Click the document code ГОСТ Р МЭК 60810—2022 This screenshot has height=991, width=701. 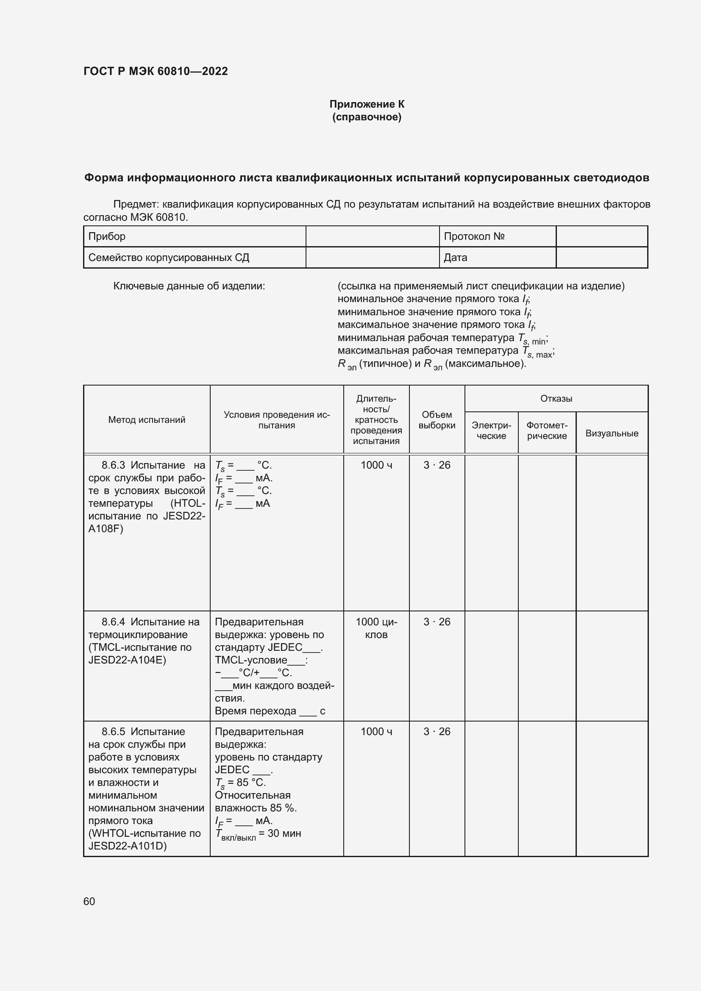tap(156, 71)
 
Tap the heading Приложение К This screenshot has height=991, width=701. tap(367, 104)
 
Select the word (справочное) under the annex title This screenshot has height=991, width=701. tap(367, 117)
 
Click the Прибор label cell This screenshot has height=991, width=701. tap(107, 236)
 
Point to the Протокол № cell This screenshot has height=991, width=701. tap(474, 236)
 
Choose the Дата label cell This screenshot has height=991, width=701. tap(455, 258)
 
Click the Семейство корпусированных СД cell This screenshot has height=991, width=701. tap(169, 258)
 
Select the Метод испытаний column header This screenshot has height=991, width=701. tap(147, 419)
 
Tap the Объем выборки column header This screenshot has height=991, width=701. tap(437, 420)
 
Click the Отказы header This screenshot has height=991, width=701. tap(556, 398)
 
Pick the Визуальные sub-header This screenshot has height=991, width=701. tap(612, 433)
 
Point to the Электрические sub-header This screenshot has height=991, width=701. tap(491, 431)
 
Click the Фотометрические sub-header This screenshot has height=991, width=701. tap(547, 431)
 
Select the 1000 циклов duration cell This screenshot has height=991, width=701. tap(376, 628)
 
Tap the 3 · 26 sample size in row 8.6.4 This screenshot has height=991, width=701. tap(437, 622)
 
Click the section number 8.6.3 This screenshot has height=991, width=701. tap(113, 465)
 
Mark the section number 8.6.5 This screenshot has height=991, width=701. tap(113, 732)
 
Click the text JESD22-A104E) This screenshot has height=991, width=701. tap(127, 660)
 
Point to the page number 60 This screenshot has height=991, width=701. tap(89, 901)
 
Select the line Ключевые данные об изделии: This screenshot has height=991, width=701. tap(189, 286)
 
